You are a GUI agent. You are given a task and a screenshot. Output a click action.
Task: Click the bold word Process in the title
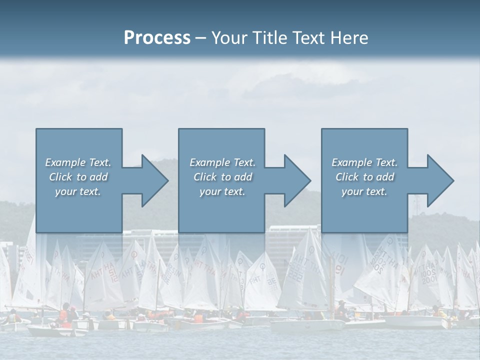tap(157, 38)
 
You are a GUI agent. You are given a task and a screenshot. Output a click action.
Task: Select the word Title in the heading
tap(270, 38)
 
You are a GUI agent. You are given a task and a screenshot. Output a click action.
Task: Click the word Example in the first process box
tap(65, 162)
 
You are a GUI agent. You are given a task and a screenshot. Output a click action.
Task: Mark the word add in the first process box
tap(98, 177)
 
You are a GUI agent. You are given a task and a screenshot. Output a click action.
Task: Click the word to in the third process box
tap(368, 177)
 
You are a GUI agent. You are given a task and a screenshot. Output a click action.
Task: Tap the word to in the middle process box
tap(226, 177)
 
